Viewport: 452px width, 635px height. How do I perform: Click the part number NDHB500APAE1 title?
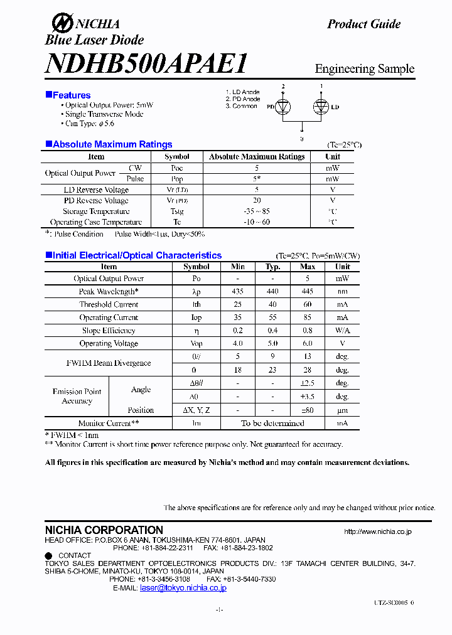146,63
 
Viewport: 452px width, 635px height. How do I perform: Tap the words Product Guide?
363,24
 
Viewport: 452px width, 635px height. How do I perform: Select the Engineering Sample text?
364,68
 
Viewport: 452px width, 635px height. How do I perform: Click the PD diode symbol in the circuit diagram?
283,107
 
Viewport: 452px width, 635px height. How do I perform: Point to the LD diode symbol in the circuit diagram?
321,107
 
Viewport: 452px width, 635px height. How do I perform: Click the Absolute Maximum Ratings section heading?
112,144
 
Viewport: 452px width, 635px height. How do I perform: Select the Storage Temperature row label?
96,211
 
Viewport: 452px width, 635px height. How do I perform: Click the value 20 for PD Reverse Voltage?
256,201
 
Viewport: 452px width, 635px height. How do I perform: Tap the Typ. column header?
272,267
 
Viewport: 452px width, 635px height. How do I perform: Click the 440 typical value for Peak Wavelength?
272,292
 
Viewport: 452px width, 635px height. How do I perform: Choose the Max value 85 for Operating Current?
307,317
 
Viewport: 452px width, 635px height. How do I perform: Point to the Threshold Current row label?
109,304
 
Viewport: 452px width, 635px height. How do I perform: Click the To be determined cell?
272,424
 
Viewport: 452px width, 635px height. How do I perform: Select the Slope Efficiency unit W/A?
342,331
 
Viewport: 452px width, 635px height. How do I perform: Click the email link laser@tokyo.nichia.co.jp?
183,588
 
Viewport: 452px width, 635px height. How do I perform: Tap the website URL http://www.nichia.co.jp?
377,531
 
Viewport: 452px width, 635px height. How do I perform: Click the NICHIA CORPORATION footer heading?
104,530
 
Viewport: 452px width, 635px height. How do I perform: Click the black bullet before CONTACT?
48,555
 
